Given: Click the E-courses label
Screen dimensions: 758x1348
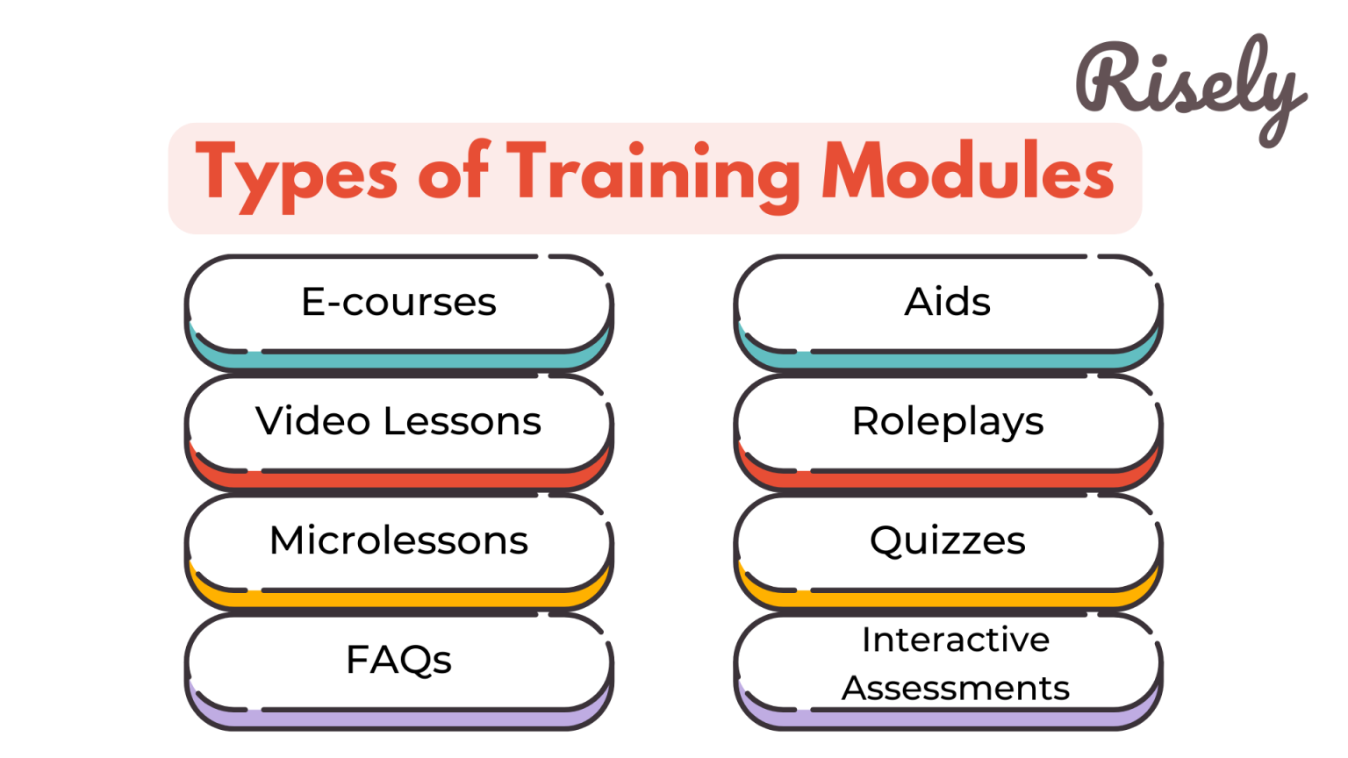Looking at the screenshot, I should tap(398, 303).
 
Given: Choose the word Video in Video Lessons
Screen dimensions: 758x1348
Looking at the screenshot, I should tap(312, 421).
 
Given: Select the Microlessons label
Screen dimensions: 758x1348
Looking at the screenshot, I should tap(398, 540).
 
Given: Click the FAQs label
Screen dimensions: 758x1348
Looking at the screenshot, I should tap(398, 660).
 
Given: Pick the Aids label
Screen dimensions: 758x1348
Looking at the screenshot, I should tap(947, 303).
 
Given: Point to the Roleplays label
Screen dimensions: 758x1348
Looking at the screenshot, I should tap(948, 423).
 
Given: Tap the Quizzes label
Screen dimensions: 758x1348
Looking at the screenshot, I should tap(947, 541).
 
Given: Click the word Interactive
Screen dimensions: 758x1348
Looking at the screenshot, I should tap(955, 640).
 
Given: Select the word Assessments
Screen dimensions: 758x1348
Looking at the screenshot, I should tap(955, 689).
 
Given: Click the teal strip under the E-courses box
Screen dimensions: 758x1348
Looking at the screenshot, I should tap(398, 361).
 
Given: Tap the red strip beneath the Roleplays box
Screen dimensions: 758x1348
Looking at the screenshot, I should tap(947, 480).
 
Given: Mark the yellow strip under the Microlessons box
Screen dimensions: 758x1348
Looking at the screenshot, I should tap(398, 599).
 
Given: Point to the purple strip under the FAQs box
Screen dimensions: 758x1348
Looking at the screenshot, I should tap(398, 719).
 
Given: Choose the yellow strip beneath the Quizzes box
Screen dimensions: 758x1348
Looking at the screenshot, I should tap(947, 599).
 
